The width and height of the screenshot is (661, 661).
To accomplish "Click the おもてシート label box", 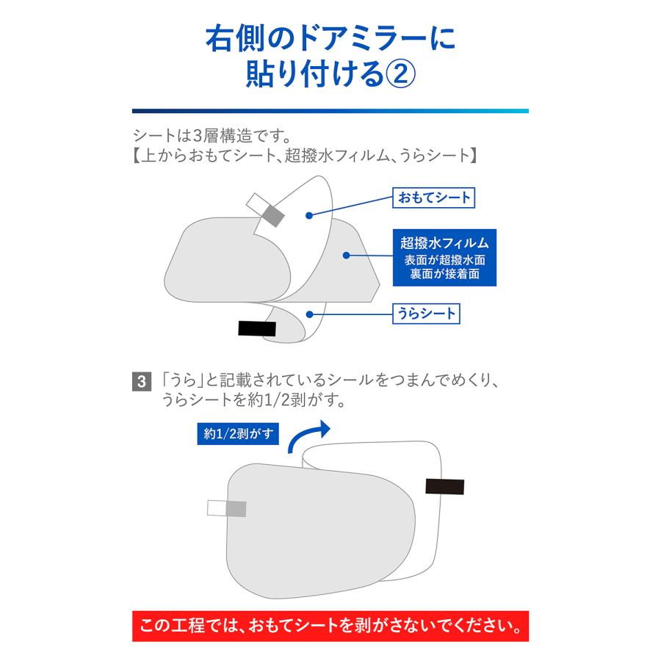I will tap(433, 197).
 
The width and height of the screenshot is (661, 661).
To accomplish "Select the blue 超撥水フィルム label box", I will tap(444, 256).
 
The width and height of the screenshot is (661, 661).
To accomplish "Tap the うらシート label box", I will tap(426, 314).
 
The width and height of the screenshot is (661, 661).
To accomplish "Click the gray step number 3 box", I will tap(140, 382).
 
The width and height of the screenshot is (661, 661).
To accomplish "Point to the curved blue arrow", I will tap(308, 438).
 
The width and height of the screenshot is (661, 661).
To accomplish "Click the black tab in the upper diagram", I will tap(257, 328).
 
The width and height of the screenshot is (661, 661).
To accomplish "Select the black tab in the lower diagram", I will tap(444, 486).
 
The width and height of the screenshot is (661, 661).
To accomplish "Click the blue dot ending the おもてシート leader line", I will tap(311, 214).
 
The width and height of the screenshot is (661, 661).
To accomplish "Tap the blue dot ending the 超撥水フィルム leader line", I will tap(345, 256).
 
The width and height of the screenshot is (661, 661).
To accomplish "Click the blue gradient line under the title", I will tap(330, 111).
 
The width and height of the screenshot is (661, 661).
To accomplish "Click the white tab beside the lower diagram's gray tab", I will tap(217, 508).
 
